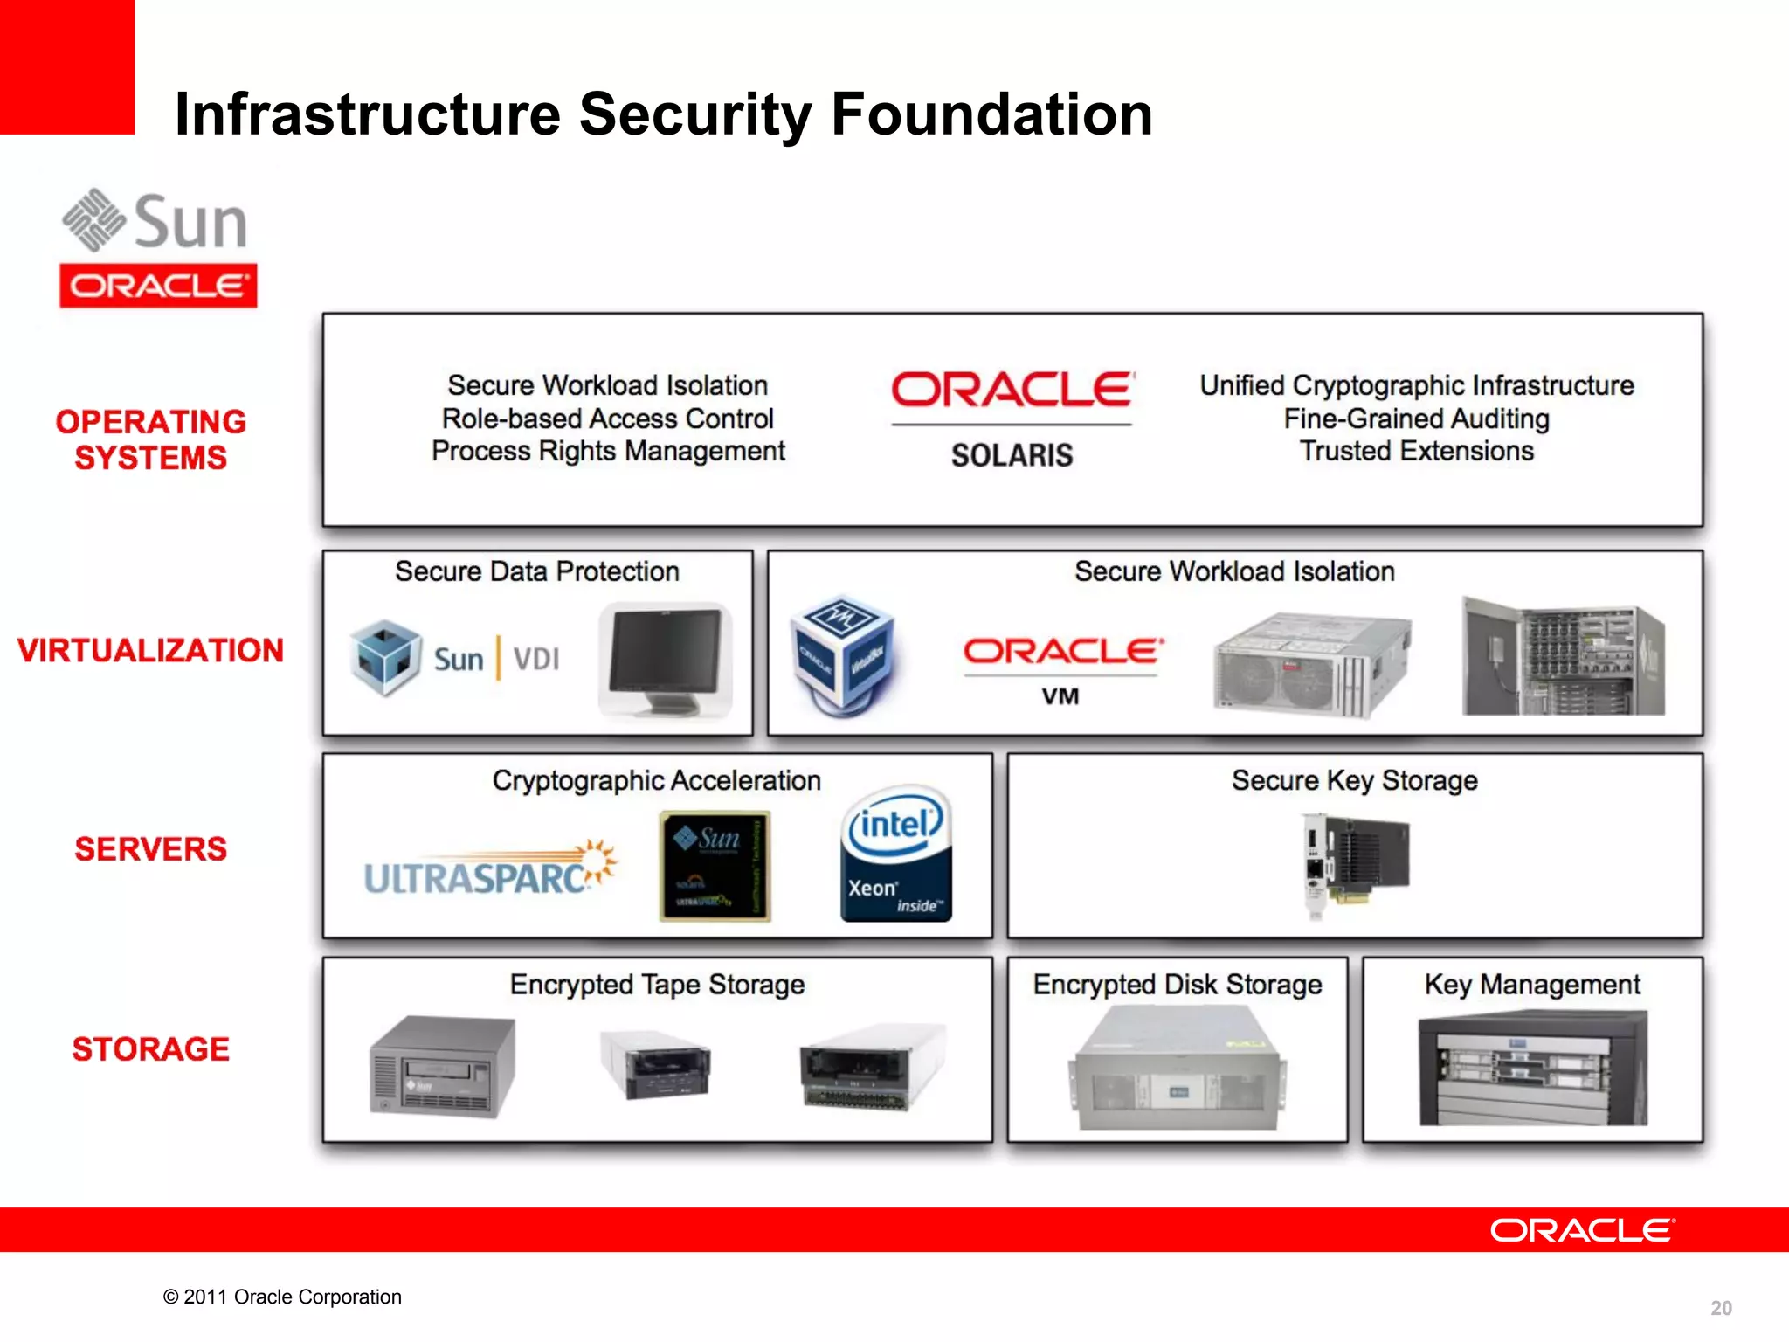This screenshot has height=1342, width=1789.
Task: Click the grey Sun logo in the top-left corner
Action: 155,221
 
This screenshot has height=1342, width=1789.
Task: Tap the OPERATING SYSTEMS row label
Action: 150,439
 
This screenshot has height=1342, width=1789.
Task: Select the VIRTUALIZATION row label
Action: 150,650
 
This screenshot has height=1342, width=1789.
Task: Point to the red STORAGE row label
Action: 150,1048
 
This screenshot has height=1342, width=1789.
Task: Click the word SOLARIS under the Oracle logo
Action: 1012,455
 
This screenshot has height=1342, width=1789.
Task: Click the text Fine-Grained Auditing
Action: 1416,419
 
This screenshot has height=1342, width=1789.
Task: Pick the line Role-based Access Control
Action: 608,419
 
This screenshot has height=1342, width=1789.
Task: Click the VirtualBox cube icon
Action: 841,655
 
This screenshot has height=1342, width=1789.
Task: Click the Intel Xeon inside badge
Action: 895,854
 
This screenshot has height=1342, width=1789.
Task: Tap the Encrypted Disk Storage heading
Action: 1177,985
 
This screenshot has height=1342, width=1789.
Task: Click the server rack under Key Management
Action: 1532,1068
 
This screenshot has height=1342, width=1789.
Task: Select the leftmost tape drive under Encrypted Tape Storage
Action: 442,1066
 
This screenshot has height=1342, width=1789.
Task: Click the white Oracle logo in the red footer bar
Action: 1582,1230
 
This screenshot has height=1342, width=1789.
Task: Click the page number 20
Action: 1721,1308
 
